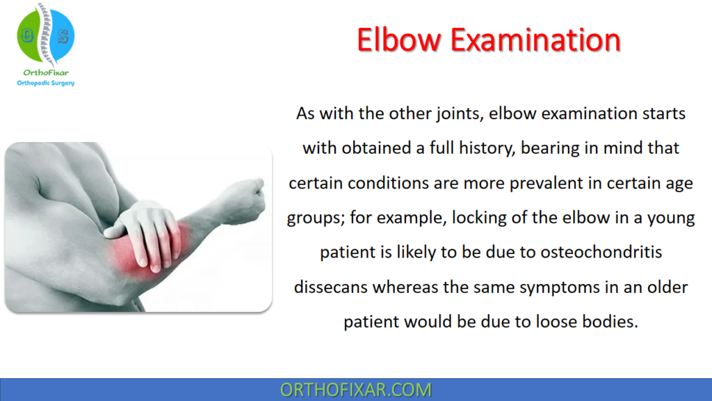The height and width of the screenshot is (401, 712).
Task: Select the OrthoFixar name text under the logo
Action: (x=45, y=72)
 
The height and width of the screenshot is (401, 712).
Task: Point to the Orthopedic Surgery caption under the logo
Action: (x=45, y=83)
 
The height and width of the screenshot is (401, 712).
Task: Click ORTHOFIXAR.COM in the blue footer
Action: (x=355, y=390)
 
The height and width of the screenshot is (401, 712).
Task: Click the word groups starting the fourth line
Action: (x=309, y=218)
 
